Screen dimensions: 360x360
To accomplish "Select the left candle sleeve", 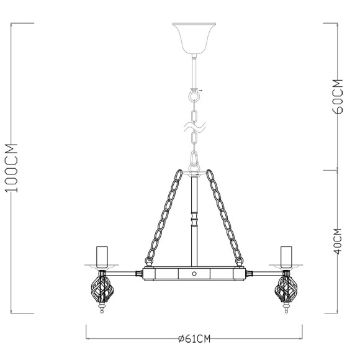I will click(102, 254).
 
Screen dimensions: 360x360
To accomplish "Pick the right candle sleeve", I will click(286, 254).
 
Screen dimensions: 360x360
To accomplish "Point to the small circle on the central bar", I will click(194, 273).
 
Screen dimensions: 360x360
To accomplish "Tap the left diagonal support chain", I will click(164, 214).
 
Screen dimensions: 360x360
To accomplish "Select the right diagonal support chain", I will click(223, 214).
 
